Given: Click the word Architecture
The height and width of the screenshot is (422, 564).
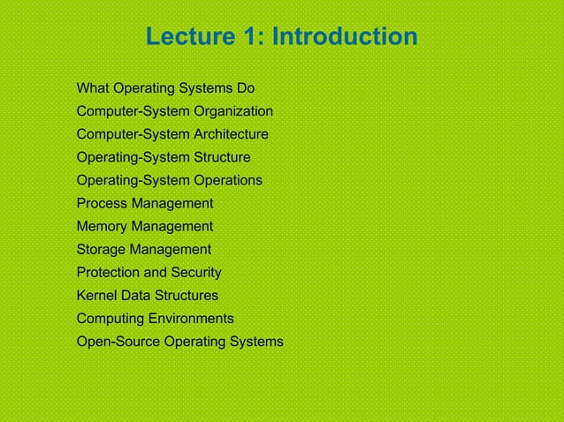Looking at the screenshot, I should click(229, 134).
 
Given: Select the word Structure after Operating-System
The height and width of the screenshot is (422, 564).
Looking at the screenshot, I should click(221, 157).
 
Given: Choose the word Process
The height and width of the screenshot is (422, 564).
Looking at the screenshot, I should click(102, 203).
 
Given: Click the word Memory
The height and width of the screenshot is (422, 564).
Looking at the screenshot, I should click(102, 226).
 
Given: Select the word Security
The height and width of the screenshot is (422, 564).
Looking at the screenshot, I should click(196, 272).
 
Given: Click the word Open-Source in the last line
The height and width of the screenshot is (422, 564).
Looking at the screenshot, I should click(118, 341).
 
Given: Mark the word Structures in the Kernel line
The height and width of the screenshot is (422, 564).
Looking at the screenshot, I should click(187, 295).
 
